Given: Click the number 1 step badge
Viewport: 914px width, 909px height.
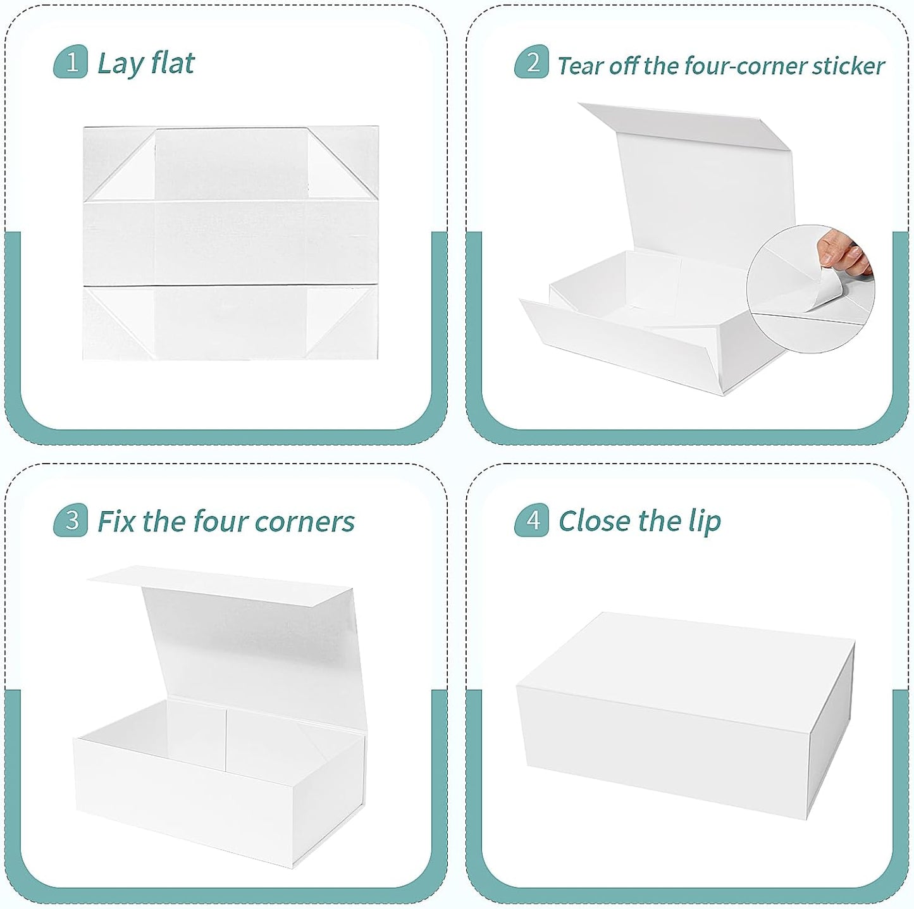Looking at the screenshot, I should click(x=71, y=63).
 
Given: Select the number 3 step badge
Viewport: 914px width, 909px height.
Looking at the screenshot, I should click(x=71, y=520).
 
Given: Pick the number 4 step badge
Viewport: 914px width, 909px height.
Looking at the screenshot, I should click(x=532, y=520).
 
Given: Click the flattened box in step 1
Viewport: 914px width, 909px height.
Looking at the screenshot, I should click(x=231, y=244).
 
